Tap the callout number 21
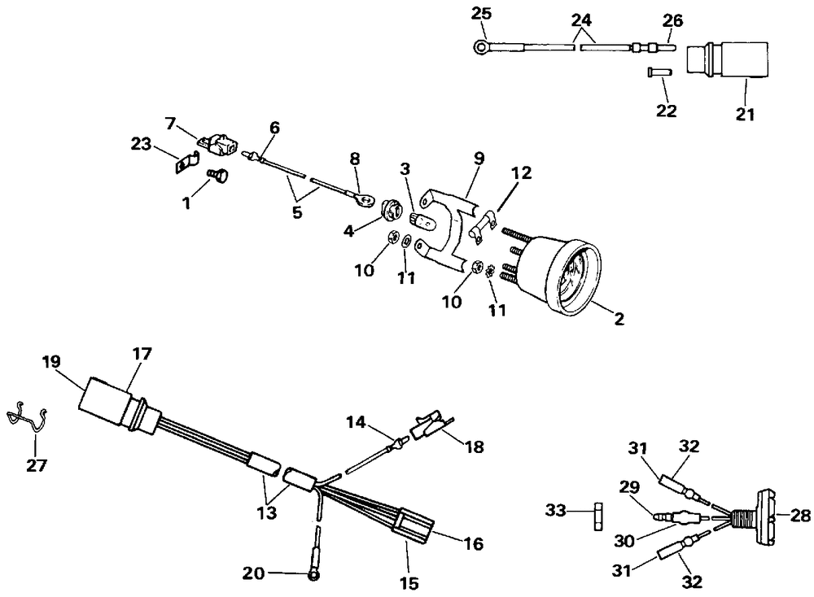pyautogui.click(x=746, y=115)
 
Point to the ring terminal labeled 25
pyautogui.click(x=482, y=47)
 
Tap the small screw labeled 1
pyautogui.click(x=217, y=175)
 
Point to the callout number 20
pyautogui.click(x=253, y=573)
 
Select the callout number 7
pyautogui.click(x=170, y=123)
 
